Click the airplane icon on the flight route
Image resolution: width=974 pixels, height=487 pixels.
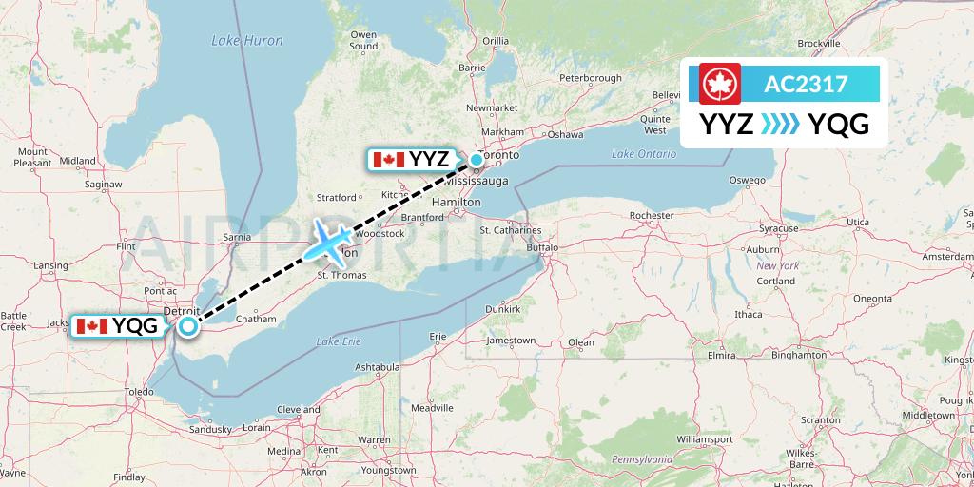coord(328,242)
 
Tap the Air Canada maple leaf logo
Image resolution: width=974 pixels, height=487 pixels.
coord(720,84)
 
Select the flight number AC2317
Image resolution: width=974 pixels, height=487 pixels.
coord(806,84)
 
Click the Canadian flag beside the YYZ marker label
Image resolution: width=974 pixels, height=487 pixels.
coord(388,159)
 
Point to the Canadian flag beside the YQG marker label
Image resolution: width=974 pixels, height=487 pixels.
coord(92,326)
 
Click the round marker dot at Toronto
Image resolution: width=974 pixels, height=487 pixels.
coord(477,159)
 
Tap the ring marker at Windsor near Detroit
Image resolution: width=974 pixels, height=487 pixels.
coord(188,327)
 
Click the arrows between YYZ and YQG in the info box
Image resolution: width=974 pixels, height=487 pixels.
coord(780,125)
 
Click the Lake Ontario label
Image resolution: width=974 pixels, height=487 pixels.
coord(637,153)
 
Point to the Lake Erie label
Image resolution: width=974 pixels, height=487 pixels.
coord(339,341)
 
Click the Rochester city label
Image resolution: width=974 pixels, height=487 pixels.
coord(652,216)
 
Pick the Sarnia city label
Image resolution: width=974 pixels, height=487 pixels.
coord(235,237)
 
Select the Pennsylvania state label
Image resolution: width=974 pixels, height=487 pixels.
coord(641,459)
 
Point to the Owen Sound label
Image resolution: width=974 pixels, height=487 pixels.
coord(363,40)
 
